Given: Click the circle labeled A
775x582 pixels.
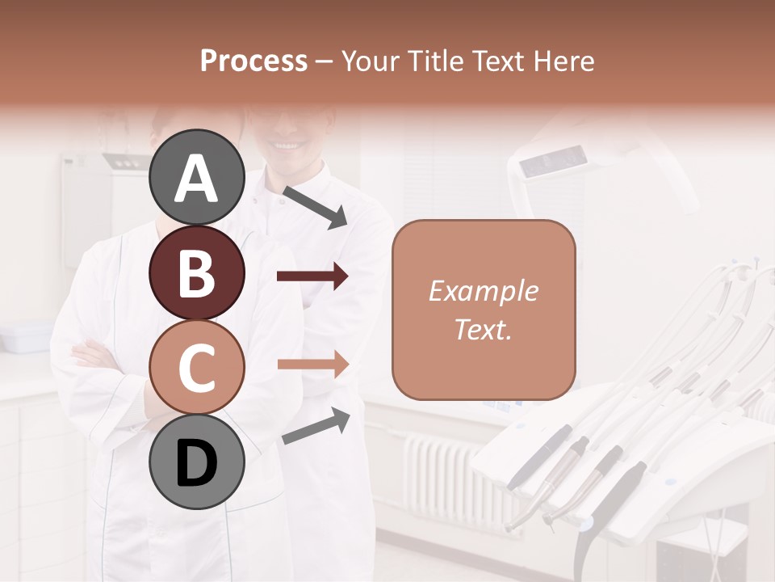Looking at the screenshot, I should pos(196,177).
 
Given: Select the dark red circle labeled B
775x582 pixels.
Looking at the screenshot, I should pos(196,272).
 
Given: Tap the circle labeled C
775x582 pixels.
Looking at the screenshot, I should pos(196,368).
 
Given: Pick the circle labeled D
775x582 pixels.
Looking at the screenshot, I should pos(196,462).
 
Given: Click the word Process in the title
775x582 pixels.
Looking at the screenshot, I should pos(253,61).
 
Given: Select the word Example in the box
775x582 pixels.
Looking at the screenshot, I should pos(483,291).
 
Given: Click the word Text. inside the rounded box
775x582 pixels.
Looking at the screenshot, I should pos(483,329).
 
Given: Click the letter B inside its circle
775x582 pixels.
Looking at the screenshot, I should pos(196,272).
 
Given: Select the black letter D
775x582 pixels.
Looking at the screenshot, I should pos(196,463).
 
